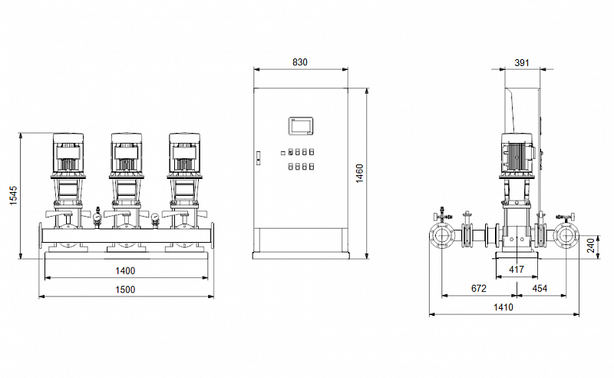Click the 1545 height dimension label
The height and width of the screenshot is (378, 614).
point(13,195)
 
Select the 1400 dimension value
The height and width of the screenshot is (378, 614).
point(125,270)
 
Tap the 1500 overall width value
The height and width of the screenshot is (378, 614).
point(125,290)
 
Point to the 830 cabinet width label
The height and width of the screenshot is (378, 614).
point(300,62)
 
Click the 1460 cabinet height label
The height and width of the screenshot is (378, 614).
point(359,174)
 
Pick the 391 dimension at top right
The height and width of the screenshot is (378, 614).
point(522,62)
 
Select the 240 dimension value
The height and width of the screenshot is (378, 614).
point(591,245)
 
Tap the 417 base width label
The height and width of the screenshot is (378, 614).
point(517,270)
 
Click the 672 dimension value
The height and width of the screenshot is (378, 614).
point(478,288)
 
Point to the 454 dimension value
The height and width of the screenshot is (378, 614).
point(540,288)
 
